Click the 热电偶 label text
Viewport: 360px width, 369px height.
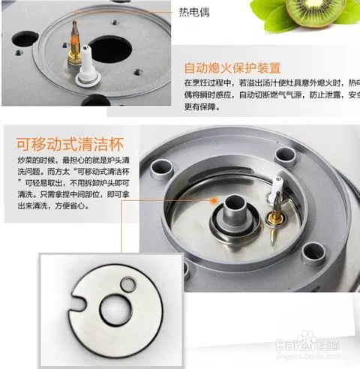(194, 13)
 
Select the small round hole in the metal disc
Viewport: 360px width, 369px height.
(130, 284)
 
